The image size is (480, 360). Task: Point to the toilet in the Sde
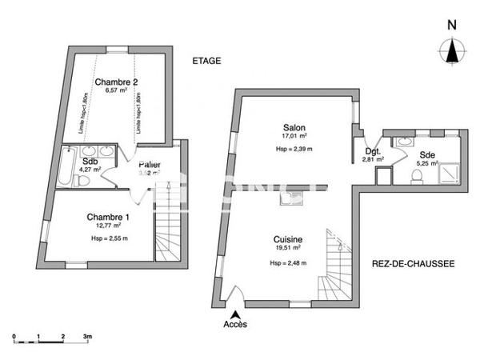point(417,177)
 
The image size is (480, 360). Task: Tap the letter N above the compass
point(452,24)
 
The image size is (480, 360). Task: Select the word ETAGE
point(206,61)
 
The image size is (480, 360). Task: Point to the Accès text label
point(235,324)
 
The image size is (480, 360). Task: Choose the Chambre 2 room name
point(117,82)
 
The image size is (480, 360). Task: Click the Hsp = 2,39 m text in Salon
point(294,148)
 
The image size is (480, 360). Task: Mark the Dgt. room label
point(372,150)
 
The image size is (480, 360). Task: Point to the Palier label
point(150,165)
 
